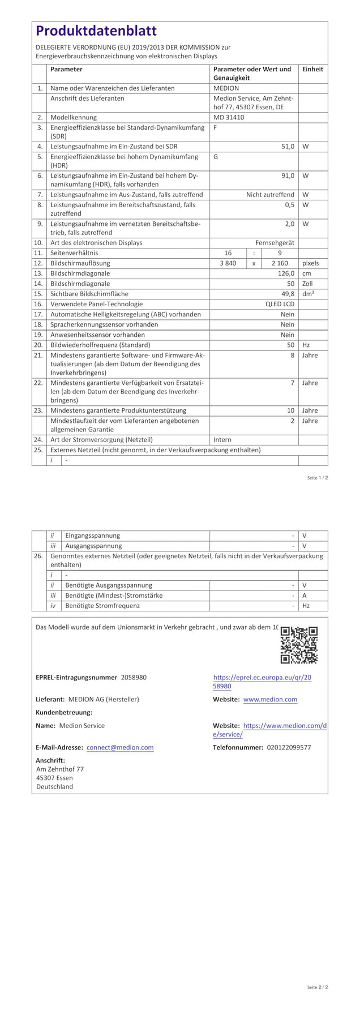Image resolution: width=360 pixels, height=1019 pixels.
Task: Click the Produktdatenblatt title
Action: point(96,31)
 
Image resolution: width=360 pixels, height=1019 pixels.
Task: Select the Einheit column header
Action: point(312,69)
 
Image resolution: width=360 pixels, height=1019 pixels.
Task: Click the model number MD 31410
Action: point(229,117)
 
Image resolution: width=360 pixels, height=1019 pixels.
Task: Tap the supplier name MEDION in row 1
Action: point(226,88)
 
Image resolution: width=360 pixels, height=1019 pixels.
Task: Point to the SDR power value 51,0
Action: point(288,147)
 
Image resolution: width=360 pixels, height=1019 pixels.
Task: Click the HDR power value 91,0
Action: point(288,175)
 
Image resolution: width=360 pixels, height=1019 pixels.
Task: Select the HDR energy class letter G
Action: point(216,157)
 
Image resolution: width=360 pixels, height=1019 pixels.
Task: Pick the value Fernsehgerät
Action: point(275,243)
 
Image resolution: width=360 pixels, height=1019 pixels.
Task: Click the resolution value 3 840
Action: point(228,263)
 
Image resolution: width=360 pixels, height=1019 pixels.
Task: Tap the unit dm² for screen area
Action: point(308,294)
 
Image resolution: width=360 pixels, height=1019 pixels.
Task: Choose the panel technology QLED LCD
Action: point(280,304)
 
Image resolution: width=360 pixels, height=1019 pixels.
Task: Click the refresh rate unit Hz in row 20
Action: point(306,345)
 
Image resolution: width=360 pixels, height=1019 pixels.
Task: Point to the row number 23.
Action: point(38,410)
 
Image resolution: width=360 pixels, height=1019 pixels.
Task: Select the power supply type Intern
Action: point(222,439)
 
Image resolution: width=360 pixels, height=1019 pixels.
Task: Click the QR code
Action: point(299,645)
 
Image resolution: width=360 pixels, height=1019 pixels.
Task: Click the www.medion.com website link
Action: point(270,700)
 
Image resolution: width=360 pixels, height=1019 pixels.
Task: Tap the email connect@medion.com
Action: point(120,747)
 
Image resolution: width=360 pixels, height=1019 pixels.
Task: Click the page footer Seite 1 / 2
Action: point(318,478)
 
